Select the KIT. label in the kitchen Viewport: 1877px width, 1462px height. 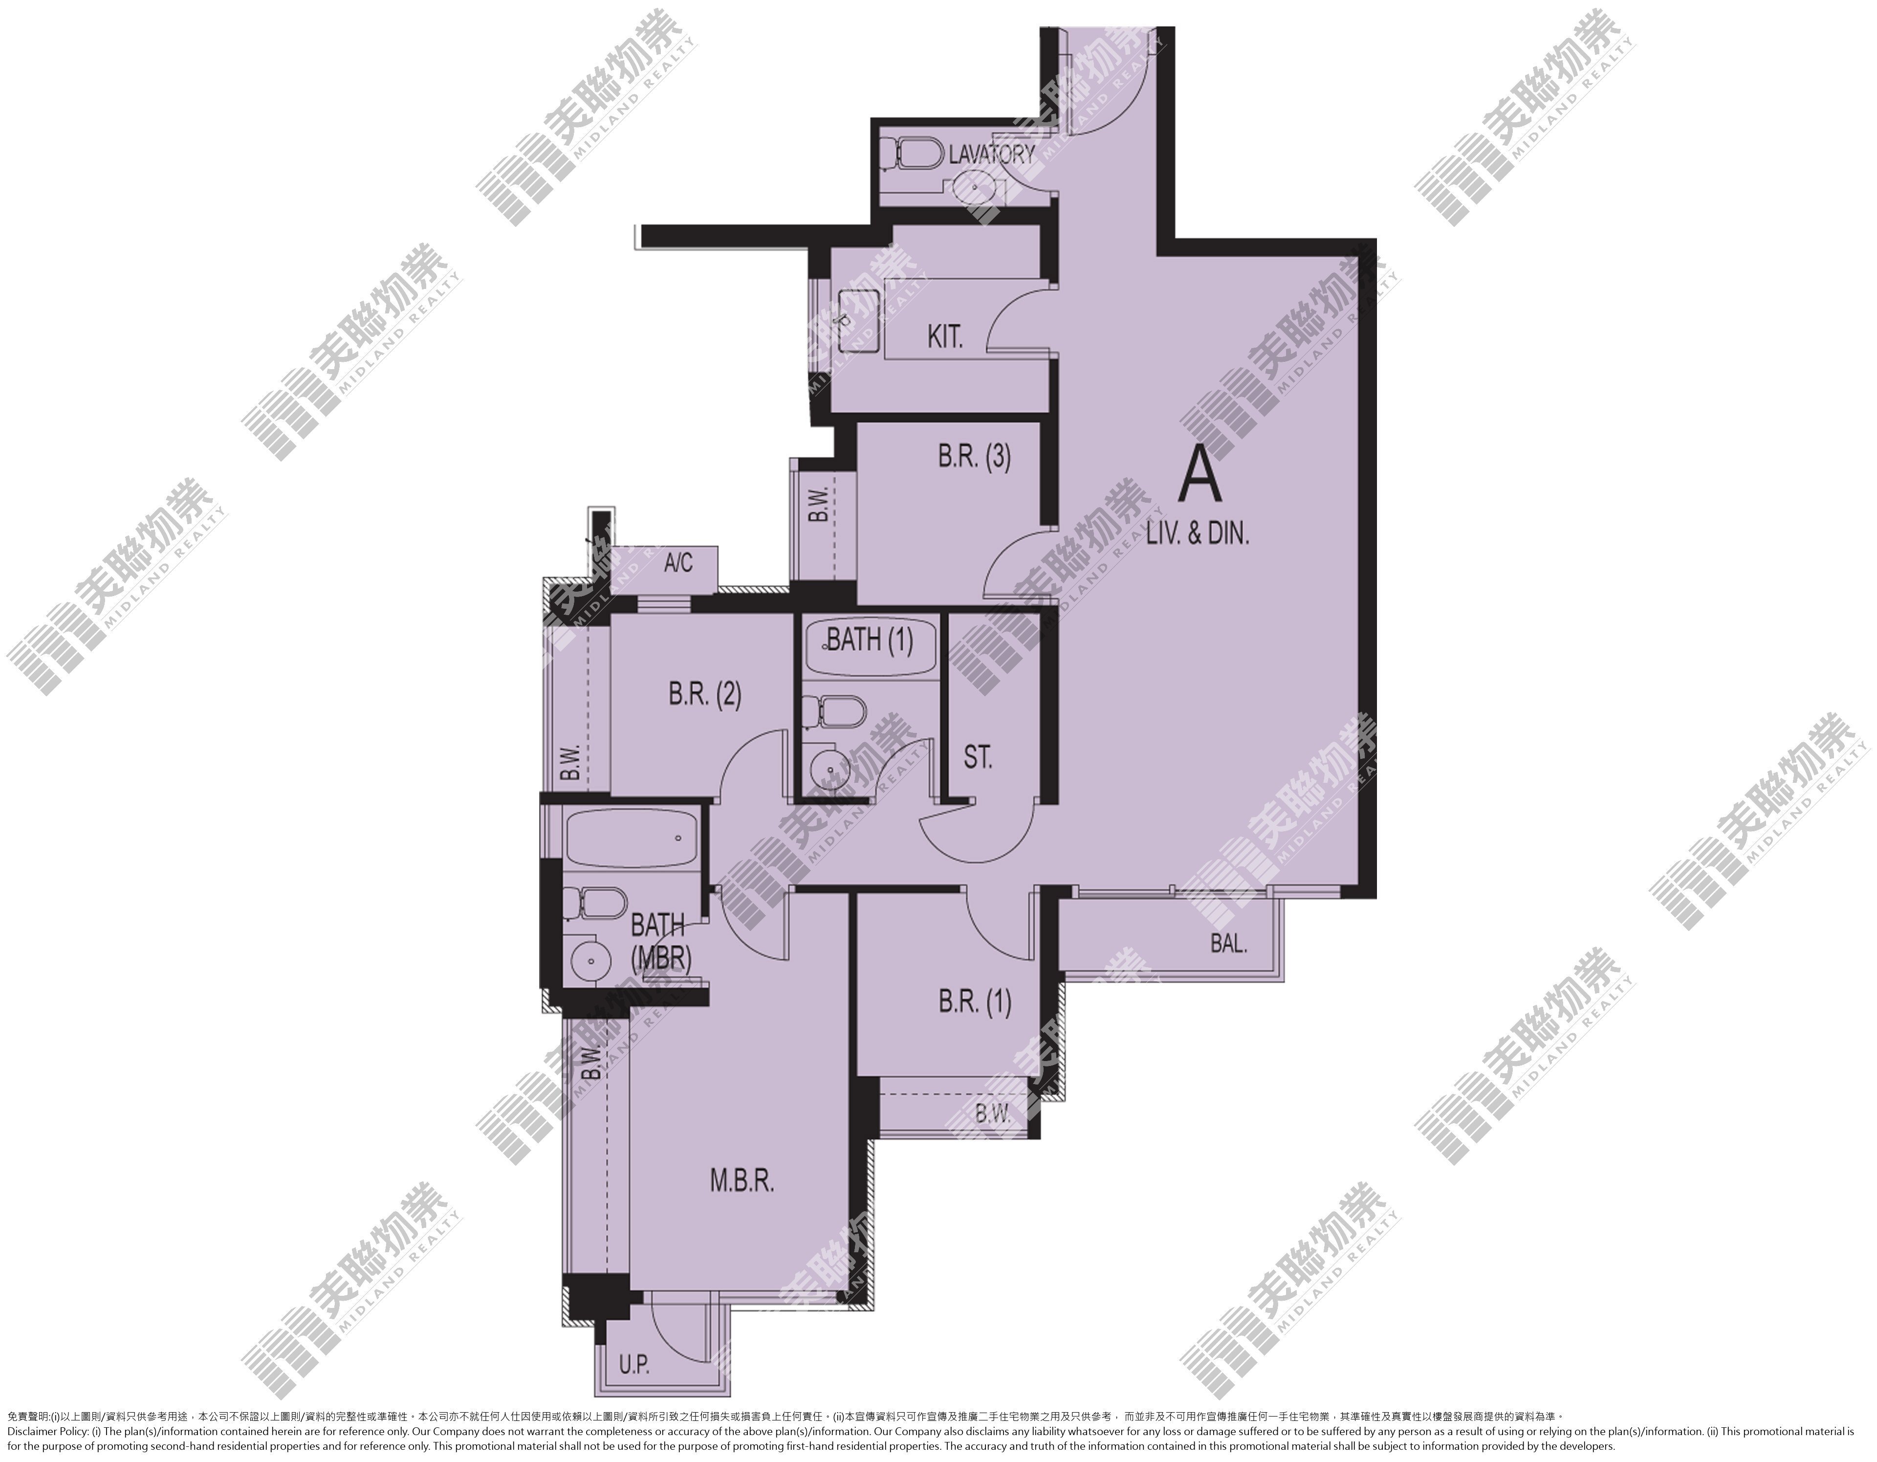pos(945,337)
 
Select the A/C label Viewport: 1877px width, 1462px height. pos(678,563)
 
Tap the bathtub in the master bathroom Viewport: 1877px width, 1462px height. pos(630,837)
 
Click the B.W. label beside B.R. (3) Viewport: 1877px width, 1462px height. pos(818,505)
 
